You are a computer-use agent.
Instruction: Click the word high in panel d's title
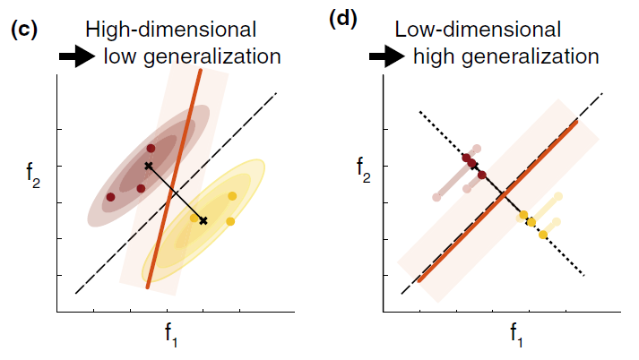[434, 57]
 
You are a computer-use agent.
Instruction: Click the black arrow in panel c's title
[76, 58]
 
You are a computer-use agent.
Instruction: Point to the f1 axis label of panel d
[518, 336]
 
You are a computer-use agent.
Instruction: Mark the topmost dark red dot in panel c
[151, 149]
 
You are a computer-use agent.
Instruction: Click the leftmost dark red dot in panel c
[110, 197]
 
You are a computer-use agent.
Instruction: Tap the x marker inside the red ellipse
[149, 166]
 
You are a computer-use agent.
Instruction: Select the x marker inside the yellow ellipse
[203, 220]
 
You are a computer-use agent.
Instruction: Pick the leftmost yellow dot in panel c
[194, 218]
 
